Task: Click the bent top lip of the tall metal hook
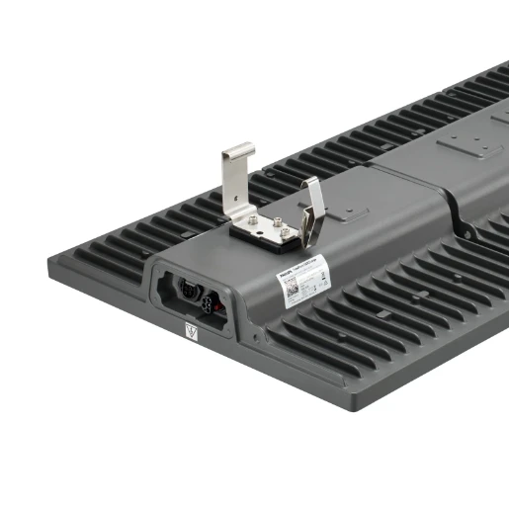(238, 151)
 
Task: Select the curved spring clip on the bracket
(313, 212)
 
